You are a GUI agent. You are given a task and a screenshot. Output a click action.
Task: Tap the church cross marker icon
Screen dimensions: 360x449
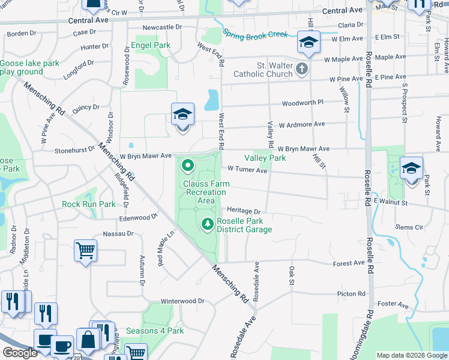302,70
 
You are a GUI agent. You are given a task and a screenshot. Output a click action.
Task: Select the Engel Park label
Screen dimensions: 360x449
150,45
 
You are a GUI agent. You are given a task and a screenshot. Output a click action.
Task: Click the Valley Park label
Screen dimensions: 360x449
265,158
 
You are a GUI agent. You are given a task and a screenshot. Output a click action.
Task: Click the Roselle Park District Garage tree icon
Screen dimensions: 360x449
208,224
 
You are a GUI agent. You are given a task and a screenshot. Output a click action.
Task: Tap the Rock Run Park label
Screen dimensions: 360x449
88,204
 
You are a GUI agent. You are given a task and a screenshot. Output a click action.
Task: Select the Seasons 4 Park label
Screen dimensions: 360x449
155,331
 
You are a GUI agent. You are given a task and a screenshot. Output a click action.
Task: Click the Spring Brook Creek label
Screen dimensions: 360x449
255,35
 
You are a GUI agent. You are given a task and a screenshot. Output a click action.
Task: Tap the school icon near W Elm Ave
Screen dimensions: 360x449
309,43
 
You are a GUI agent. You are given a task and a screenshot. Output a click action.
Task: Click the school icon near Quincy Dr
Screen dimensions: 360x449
182,114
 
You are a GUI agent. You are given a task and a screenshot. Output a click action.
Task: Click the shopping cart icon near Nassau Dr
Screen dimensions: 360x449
85,250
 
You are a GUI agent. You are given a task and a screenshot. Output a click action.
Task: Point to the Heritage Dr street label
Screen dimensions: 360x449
244,211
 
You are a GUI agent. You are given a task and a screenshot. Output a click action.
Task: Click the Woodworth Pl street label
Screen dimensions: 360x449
303,103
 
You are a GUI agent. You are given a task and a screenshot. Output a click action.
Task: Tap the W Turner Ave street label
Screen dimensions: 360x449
247,170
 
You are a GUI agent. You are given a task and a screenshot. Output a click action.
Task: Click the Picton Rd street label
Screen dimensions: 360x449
351,294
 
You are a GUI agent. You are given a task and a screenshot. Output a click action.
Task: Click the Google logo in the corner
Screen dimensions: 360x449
20,353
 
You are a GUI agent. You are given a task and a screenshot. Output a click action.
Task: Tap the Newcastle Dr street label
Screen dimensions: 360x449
162,28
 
